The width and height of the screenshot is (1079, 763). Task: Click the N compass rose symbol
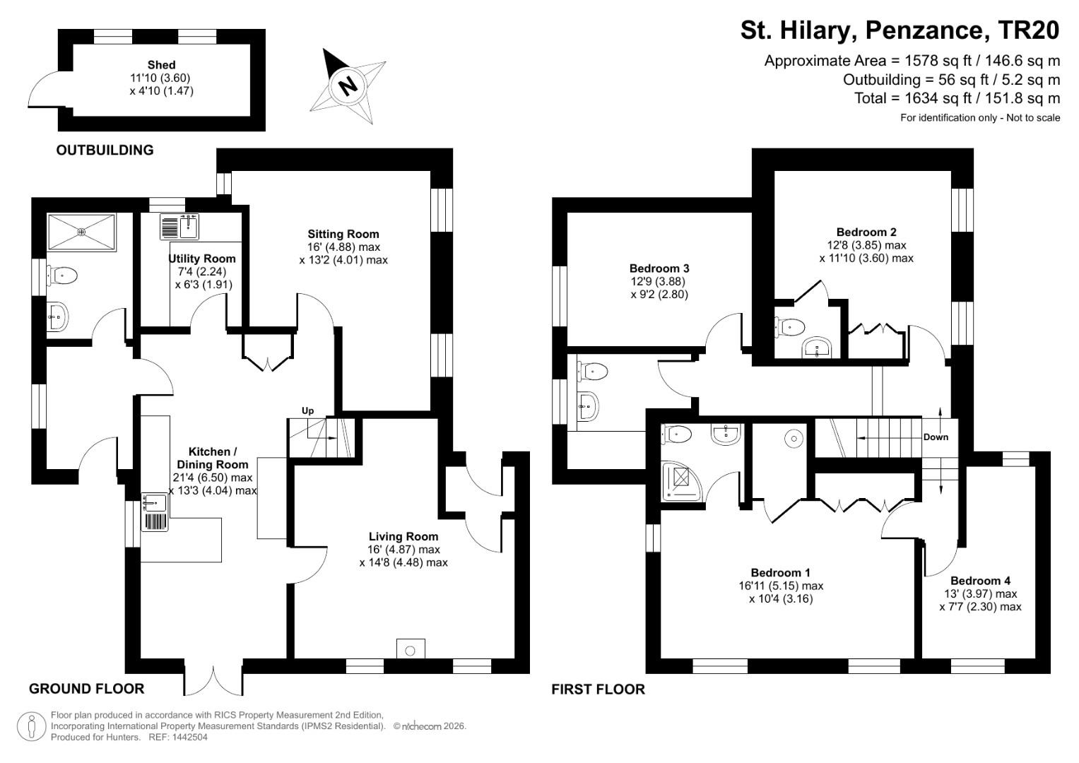348,86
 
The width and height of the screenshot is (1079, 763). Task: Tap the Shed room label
161,65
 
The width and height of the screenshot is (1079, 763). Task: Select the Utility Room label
202,259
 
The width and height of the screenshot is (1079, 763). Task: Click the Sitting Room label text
343,234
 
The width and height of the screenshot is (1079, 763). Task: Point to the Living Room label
403,536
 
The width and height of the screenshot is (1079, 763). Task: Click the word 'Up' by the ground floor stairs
307,410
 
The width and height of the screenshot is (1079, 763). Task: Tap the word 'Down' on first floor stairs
936,437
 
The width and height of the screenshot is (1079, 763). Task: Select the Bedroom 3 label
659,268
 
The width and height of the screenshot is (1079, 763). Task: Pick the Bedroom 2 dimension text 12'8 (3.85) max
866,245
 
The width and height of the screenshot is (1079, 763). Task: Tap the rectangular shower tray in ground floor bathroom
81,232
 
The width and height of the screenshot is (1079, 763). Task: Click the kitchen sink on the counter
155,503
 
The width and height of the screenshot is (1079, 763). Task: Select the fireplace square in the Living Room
411,649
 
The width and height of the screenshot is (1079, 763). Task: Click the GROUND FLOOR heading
86,689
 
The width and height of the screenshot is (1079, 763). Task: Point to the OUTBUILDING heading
105,150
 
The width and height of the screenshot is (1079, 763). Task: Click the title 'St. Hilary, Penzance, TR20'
900,30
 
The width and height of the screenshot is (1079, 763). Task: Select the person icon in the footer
32,726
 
